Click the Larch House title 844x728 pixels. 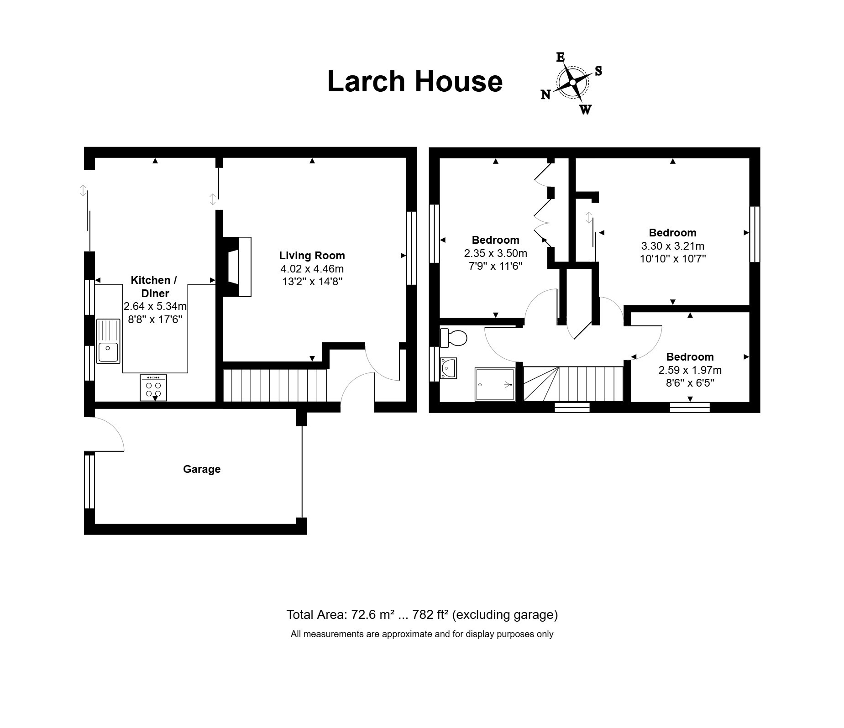tap(415, 81)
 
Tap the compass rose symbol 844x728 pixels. tap(572, 83)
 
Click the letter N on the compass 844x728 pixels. tap(545, 94)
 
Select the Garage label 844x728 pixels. tap(202, 469)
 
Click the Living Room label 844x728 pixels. tap(312, 256)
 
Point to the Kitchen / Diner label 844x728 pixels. tap(154, 287)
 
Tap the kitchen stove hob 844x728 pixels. tap(153, 388)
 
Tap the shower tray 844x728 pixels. tap(495, 384)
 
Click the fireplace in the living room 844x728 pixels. tap(236, 267)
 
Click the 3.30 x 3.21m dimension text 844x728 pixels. tap(673, 246)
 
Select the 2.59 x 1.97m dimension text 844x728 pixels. tap(690, 370)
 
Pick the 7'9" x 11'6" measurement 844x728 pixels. tap(495, 266)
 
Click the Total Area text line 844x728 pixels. tap(422, 615)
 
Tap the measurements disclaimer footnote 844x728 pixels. tap(422, 634)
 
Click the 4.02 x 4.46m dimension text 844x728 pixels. tap(312, 269)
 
